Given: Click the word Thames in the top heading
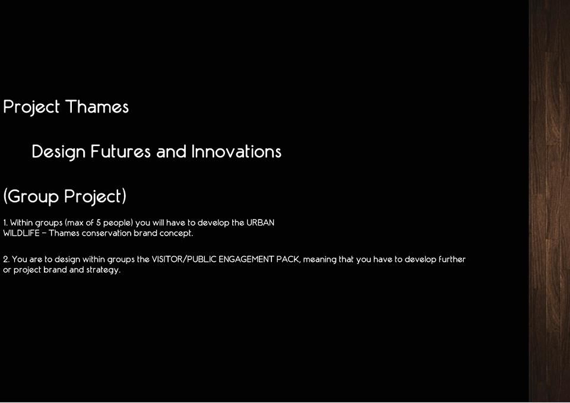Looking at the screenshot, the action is coord(97,107).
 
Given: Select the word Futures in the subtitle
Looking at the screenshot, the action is coord(121,151).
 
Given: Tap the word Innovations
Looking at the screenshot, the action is coord(236,151).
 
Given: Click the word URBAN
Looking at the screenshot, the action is coord(260,223).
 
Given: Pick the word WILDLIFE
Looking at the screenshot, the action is coord(21,233).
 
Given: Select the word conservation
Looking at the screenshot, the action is coord(106,233).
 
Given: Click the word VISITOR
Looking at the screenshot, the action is coord(167,259).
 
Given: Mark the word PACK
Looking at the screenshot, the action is coord(289,259).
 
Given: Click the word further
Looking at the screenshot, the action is coord(452,259).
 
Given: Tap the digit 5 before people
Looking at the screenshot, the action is coord(98,223).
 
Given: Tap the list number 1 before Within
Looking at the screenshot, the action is coord(5,223).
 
